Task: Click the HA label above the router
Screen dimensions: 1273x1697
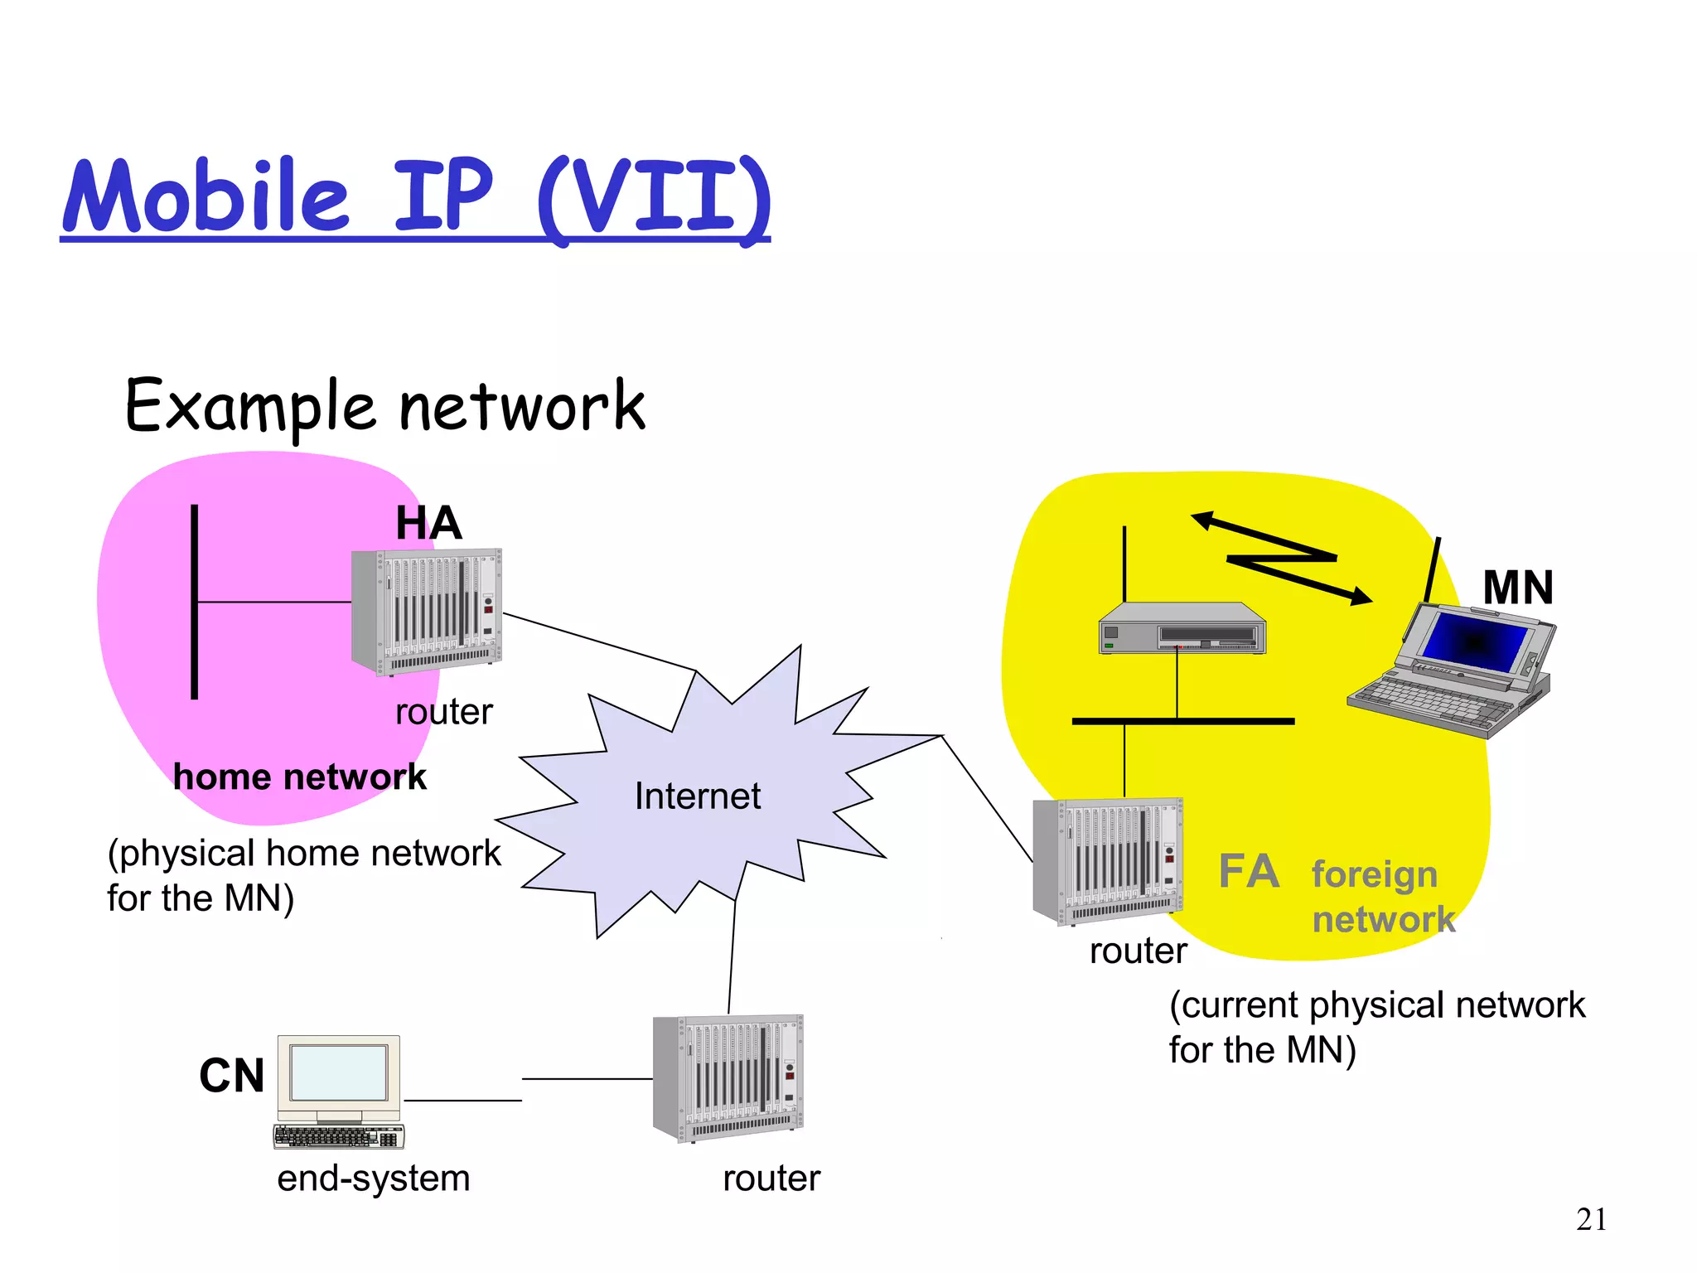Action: pos(428,523)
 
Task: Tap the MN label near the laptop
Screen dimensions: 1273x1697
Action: pos(1517,588)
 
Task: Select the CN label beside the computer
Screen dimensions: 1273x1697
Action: pos(231,1076)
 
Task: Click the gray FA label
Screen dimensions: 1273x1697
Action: pos(1249,872)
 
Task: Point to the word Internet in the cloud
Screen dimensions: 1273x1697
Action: pos(697,796)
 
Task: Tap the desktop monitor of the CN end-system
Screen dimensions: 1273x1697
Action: pos(339,1072)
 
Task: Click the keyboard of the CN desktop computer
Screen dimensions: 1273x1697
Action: pos(338,1135)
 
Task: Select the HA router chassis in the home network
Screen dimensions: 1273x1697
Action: pos(427,611)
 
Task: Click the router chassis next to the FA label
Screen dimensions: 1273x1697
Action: pos(1108,861)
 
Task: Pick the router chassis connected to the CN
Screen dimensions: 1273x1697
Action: pos(728,1077)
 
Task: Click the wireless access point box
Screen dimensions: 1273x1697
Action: pos(1182,629)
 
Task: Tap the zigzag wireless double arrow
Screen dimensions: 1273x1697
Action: pos(1282,558)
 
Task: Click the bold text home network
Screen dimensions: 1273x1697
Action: pos(299,777)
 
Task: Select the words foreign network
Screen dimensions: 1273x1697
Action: pos(1381,897)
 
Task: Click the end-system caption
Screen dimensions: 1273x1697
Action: pos(373,1178)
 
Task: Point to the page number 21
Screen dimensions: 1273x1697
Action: pos(1591,1219)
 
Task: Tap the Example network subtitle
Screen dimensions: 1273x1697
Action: pos(384,406)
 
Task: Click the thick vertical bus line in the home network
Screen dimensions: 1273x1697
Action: pos(195,602)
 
